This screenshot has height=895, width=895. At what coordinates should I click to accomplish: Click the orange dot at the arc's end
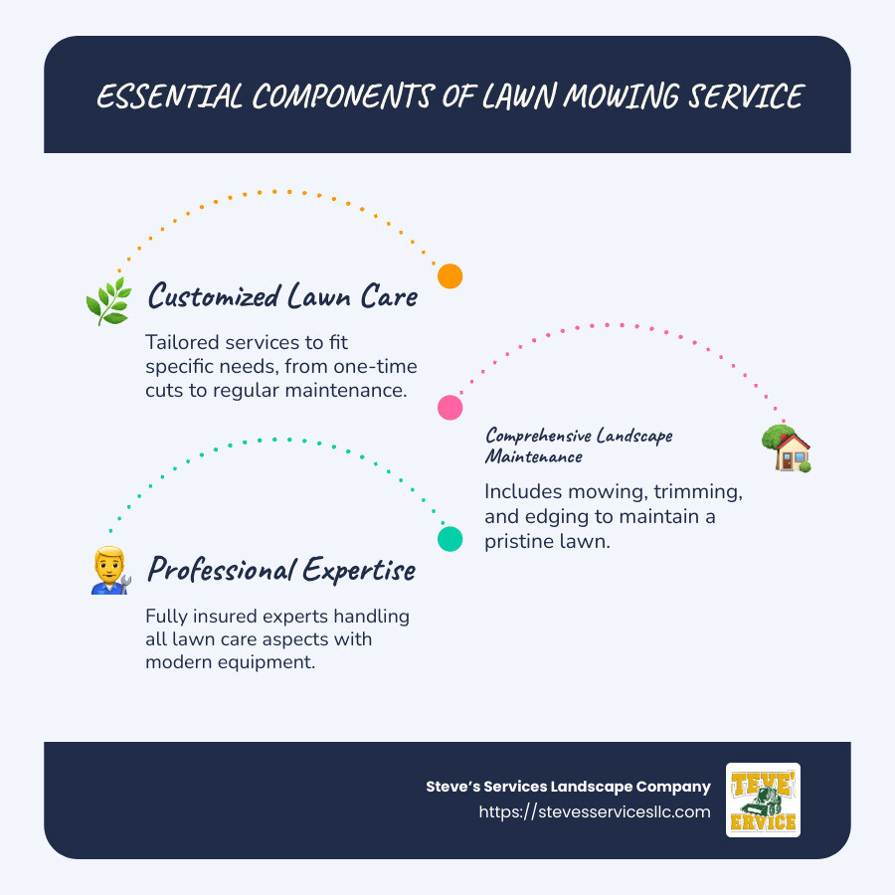pos(450,276)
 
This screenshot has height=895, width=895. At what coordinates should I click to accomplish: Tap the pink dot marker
pos(450,407)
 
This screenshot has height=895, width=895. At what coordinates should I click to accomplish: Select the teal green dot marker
pos(450,539)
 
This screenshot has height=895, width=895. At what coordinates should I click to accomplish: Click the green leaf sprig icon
pos(107,299)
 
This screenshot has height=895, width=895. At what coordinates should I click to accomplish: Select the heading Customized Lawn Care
pos(282,295)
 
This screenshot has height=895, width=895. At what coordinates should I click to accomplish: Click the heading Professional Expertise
pos(281,569)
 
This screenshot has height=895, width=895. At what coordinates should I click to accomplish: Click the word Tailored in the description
pos(182,342)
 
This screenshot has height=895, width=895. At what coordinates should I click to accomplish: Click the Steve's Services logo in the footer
pos(763,800)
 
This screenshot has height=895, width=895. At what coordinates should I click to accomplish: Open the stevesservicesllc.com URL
pos(595,811)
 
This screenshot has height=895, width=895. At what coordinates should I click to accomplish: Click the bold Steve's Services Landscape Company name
pos(568,787)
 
